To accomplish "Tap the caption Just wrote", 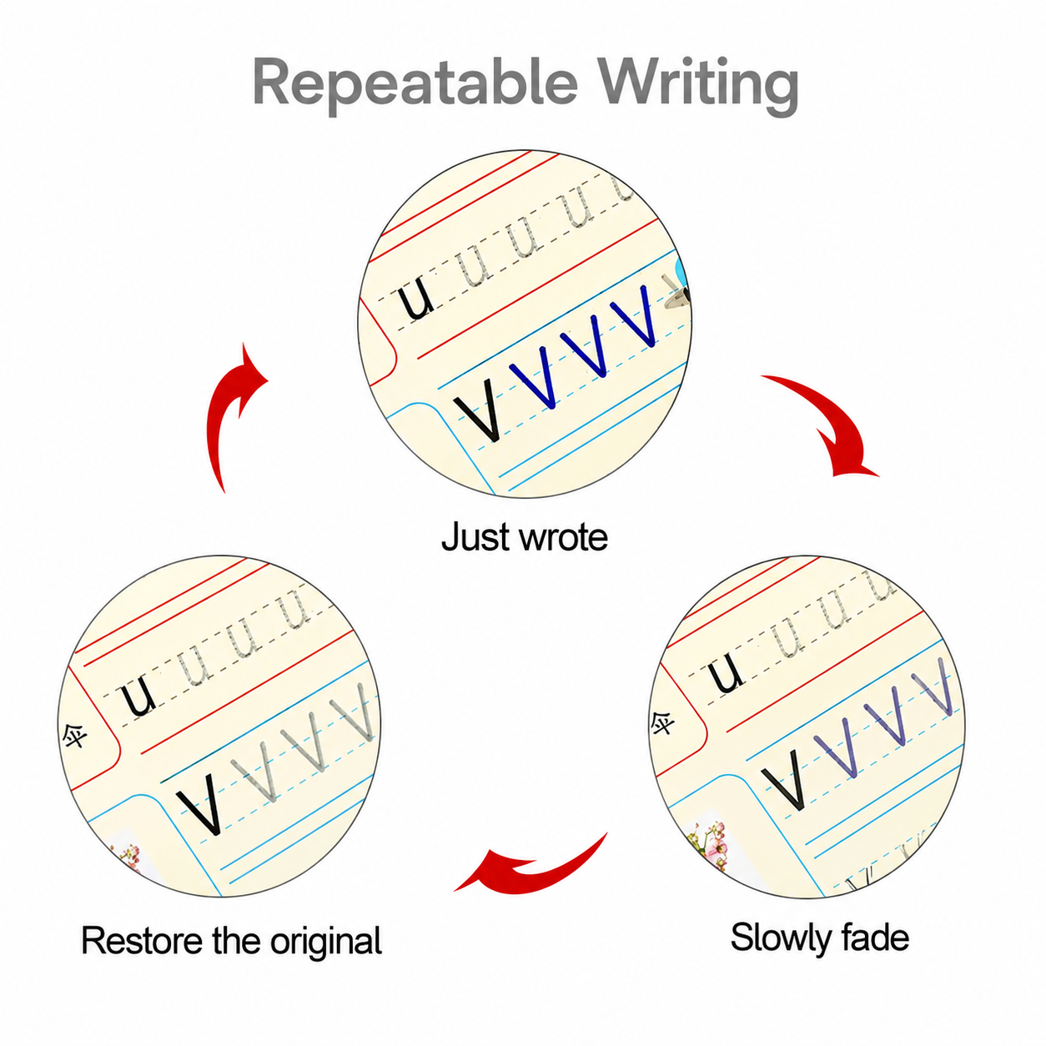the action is coord(525,537).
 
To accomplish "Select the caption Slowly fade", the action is coord(820,938).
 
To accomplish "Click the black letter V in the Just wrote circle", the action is coord(478,409).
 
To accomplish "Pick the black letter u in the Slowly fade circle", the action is coord(725,671).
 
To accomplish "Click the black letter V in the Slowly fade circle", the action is coord(783,779).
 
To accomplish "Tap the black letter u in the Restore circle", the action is coord(138,696).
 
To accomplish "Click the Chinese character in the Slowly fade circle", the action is coord(663,722).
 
